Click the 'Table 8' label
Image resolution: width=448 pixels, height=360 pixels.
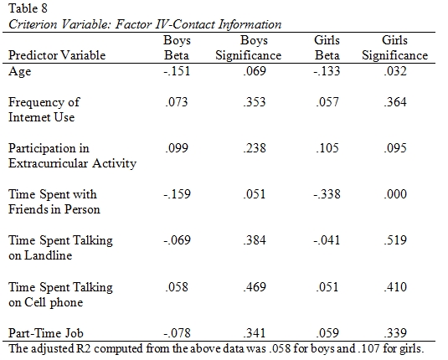(x=28, y=8)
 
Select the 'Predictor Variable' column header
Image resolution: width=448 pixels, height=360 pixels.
(x=57, y=55)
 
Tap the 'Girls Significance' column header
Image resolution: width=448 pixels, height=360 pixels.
(x=395, y=48)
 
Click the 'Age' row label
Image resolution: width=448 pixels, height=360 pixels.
(x=20, y=71)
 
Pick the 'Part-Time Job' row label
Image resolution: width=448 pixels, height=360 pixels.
(x=46, y=333)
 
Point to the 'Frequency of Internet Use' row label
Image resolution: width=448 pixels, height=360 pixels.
(x=44, y=110)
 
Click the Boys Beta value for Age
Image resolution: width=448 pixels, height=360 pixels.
(x=177, y=71)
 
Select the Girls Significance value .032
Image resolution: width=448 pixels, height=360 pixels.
(x=395, y=71)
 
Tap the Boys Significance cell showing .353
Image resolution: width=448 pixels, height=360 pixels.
(x=255, y=102)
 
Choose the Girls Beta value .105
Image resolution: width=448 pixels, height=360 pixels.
(x=327, y=148)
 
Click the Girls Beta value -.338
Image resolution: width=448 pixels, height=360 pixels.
(x=327, y=194)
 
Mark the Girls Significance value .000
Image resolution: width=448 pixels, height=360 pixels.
(x=395, y=194)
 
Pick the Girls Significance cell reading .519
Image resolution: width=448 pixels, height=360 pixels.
(x=395, y=240)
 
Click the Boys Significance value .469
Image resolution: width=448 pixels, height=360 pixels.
(x=255, y=286)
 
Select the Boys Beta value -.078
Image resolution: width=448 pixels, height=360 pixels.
(x=177, y=333)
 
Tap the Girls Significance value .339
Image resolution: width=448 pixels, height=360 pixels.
(x=395, y=333)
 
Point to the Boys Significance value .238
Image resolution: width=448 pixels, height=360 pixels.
(x=255, y=148)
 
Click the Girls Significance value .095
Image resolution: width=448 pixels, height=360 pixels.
(x=395, y=148)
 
